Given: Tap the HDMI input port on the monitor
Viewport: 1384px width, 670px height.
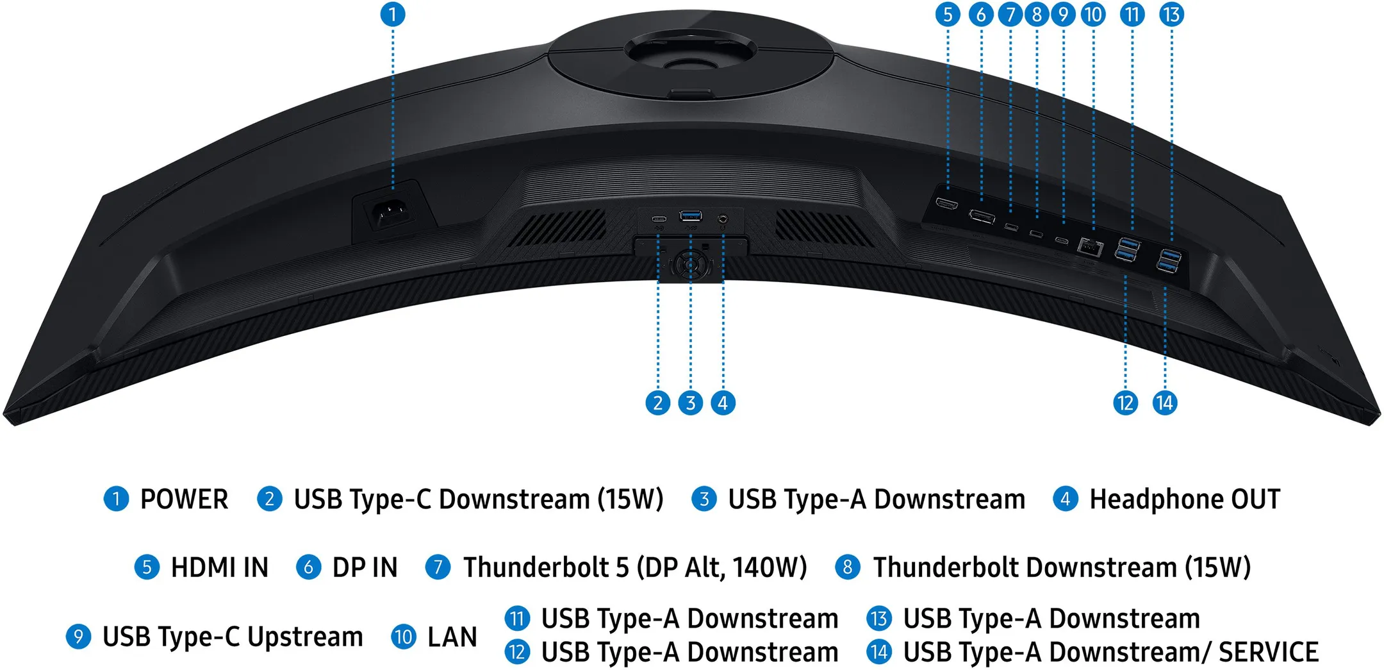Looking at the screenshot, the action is tap(946, 205).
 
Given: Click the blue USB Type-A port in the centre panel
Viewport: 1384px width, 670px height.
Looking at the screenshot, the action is tap(691, 215).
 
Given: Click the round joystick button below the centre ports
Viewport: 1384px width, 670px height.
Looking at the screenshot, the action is tap(690, 263).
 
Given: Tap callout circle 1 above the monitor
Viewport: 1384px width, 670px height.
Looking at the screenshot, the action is tap(393, 14).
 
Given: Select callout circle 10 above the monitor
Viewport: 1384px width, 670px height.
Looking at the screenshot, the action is tap(1093, 14).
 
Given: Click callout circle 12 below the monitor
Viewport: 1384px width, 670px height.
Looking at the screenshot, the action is tap(1125, 403).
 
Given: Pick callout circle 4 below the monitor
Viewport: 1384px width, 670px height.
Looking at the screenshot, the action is tap(723, 403).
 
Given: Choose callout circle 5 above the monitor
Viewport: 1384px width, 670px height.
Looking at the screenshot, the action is tap(948, 14).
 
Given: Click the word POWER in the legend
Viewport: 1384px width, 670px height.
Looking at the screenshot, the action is tap(184, 499).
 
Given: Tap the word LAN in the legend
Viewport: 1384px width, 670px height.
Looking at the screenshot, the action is tap(452, 637).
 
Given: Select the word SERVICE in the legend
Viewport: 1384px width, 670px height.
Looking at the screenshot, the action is tap(1268, 653).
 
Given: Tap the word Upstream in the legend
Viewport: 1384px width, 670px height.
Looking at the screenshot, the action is tap(305, 637).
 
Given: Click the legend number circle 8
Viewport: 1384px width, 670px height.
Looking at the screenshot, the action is tap(847, 567).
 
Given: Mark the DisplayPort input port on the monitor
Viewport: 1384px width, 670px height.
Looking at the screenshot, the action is tap(982, 216).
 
